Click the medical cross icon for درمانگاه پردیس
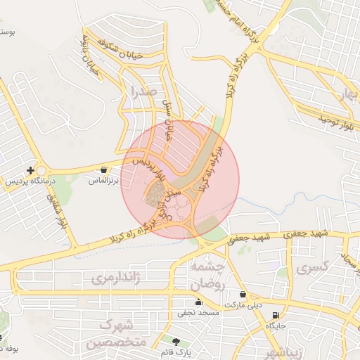point(30,170)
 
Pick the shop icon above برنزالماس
point(104,169)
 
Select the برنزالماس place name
point(104,181)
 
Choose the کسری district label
point(313,269)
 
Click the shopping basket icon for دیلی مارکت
point(243,294)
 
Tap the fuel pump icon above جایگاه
point(275,315)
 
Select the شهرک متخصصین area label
point(116,334)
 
